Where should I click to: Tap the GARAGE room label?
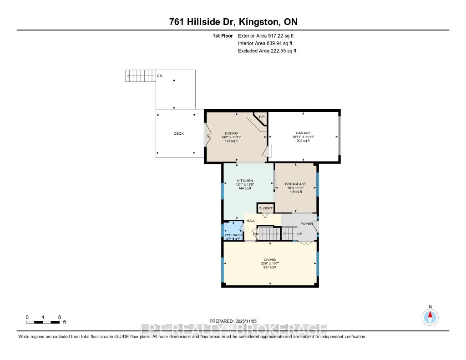click(303, 133)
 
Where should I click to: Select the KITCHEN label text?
click(245, 181)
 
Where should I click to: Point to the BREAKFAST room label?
click(295, 184)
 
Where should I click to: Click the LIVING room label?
click(270, 259)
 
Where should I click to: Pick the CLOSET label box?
click(266, 208)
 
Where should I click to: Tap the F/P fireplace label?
click(262, 117)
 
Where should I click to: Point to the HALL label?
click(251, 221)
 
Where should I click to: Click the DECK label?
click(179, 133)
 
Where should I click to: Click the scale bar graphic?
click(43, 322)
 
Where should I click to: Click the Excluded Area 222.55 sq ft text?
click(267, 51)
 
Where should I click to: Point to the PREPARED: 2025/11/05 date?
click(233, 321)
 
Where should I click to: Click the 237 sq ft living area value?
click(270, 267)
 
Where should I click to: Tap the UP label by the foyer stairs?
click(299, 234)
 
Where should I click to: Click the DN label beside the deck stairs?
click(159, 76)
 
